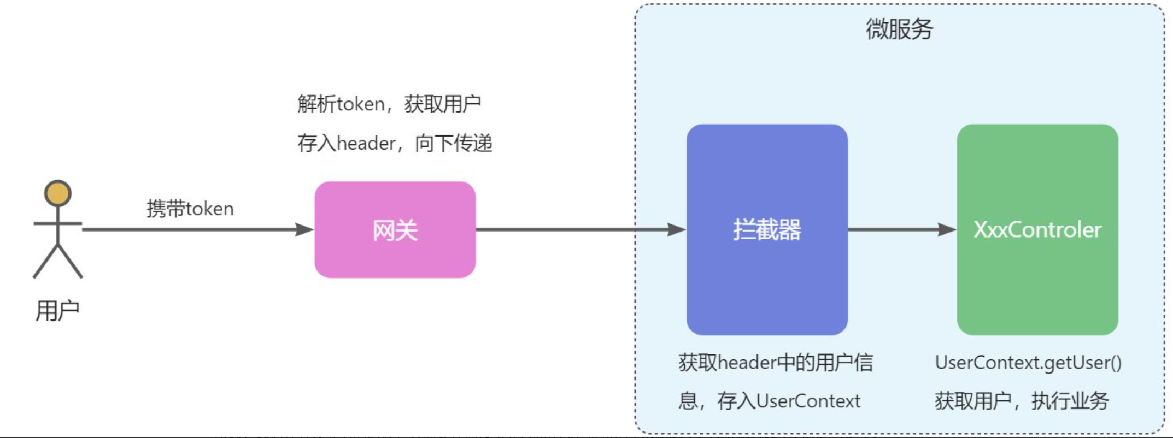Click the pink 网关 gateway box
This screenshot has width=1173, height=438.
tap(395, 257)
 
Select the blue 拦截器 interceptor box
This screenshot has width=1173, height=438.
tap(766, 284)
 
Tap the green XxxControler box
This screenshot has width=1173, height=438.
tap(1037, 284)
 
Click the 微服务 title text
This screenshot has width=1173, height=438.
tap(899, 29)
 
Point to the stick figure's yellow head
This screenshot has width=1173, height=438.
tap(57, 193)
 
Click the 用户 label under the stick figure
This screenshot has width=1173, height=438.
tap(57, 311)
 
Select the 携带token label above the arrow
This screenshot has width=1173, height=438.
tap(190, 209)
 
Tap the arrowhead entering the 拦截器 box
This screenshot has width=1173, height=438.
tap(676, 229)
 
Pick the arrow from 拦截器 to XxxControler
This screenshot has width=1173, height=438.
tap(902, 229)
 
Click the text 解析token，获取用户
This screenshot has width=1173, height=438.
tap(389, 103)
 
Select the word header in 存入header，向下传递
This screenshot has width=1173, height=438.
tap(366, 143)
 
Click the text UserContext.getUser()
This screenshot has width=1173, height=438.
tap(1028, 362)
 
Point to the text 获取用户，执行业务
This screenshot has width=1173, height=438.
tap(1021, 401)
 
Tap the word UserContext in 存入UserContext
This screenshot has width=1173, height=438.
tap(808, 401)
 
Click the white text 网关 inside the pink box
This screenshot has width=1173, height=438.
tap(395, 230)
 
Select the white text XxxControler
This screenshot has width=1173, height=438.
tap(1037, 229)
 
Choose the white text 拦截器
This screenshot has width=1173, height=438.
tap(766, 229)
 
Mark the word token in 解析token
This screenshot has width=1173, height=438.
tap(361, 103)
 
